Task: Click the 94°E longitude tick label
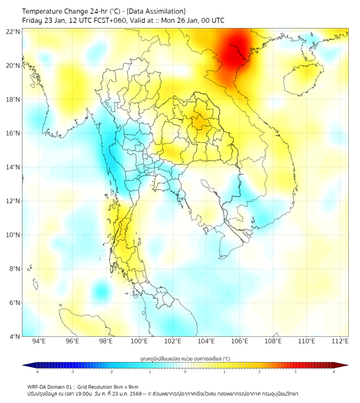point(39,341)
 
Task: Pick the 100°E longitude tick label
point(139,341)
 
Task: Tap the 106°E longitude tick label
point(240,341)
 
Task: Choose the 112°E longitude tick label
point(340,341)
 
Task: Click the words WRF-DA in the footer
point(37,386)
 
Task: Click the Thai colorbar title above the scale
point(185,358)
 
